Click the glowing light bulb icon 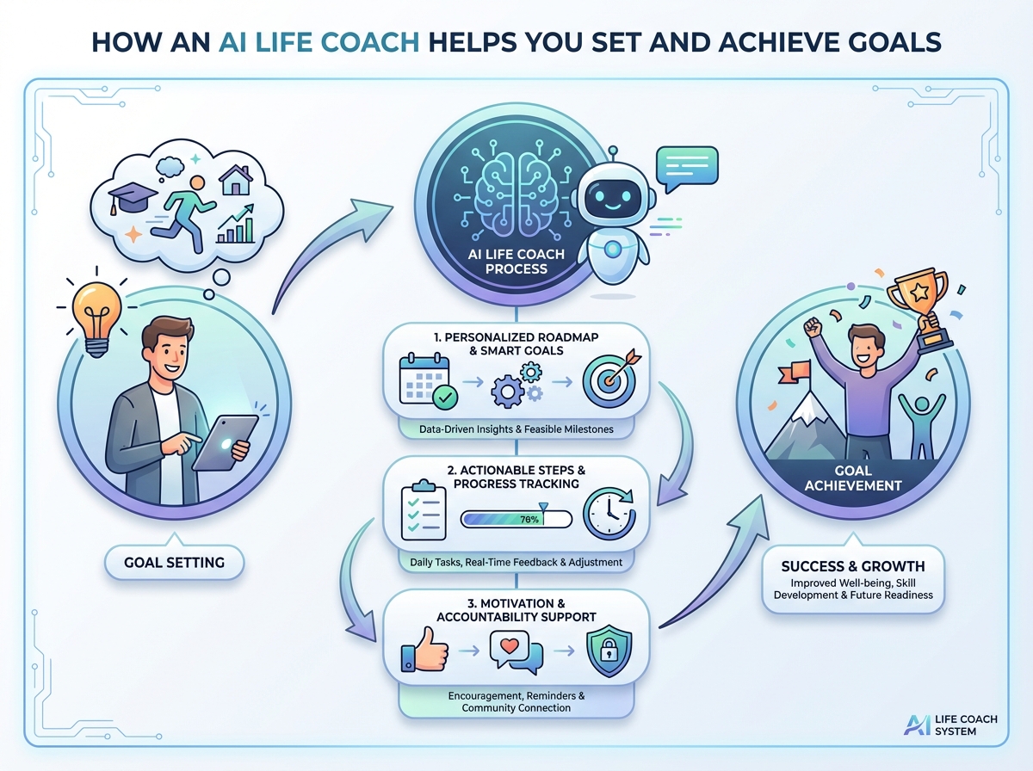click(x=97, y=315)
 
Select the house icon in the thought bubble click(x=236, y=180)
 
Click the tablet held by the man click(x=225, y=442)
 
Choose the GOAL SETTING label click(x=174, y=562)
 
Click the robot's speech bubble click(x=687, y=169)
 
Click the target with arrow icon click(x=610, y=378)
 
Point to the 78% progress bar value click(x=529, y=520)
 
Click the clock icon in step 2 click(x=609, y=513)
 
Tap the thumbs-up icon click(x=424, y=650)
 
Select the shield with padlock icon click(x=609, y=651)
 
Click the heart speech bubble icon click(x=516, y=651)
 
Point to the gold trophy click(x=921, y=310)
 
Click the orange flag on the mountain click(x=795, y=372)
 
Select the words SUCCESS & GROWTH click(x=853, y=566)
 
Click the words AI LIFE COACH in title click(x=319, y=42)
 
